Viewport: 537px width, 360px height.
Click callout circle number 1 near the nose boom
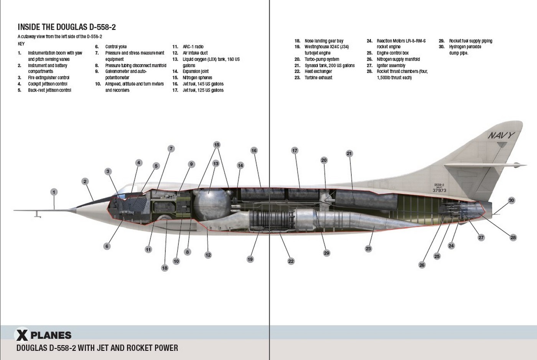[54, 192]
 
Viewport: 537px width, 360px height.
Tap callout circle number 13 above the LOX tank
[216, 163]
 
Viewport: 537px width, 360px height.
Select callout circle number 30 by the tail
[511, 200]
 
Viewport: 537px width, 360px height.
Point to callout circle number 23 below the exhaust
[368, 249]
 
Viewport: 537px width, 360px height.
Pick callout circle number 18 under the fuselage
[165, 268]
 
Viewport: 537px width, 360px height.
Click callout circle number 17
[295, 150]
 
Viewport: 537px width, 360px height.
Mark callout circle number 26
[422, 265]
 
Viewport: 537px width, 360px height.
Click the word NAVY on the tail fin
[501, 135]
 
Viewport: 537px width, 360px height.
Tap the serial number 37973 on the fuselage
[439, 190]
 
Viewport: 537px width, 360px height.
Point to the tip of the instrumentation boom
[15, 210]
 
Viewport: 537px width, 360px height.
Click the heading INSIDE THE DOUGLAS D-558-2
[67, 27]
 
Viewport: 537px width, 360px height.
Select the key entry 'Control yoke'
[116, 47]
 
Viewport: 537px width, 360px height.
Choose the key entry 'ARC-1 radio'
[193, 47]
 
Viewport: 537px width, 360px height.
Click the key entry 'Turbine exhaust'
[318, 78]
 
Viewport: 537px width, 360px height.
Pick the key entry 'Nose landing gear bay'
[324, 41]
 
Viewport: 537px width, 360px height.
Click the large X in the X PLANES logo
[22, 335]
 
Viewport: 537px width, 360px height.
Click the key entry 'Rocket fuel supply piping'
[470, 41]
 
